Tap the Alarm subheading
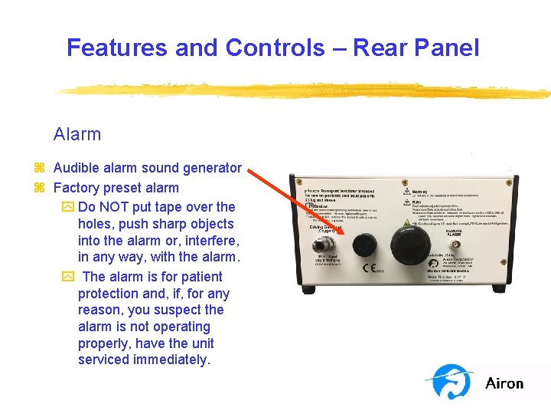point(77,134)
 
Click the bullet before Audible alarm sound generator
point(39,168)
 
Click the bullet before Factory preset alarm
point(39,188)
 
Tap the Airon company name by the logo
point(504,383)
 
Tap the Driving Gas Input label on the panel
point(325,228)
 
